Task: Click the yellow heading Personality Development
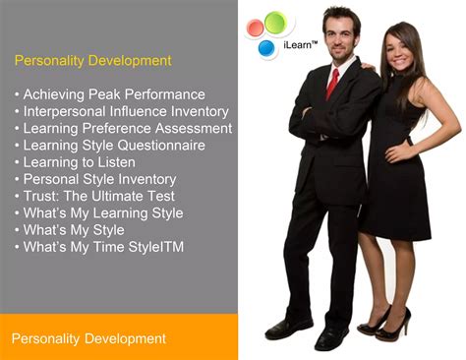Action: click(92, 61)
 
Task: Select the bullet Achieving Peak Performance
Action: click(109, 94)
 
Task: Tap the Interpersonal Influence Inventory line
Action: click(121, 111)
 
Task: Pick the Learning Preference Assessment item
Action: click(123, 129)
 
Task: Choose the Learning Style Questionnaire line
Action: click(109, 146)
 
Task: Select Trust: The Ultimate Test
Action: click(91, 196)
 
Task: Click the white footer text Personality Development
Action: click(88, 339)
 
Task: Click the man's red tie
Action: click(332, 83)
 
